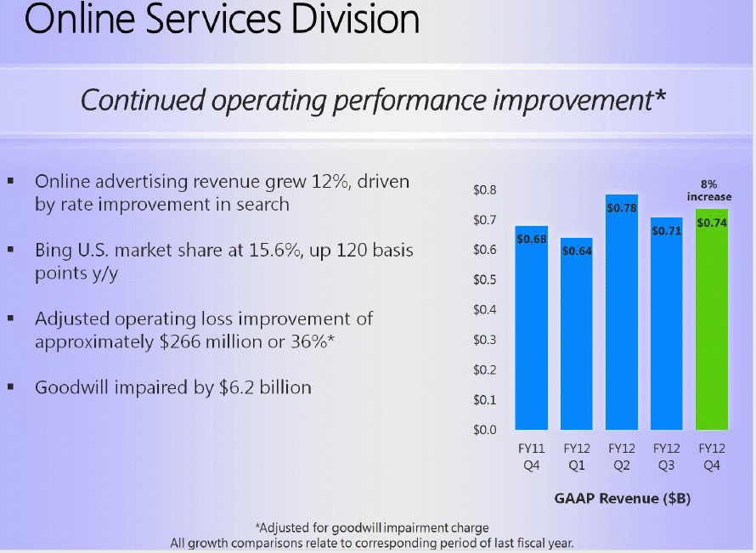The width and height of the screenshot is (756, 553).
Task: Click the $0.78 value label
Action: (x=622, y=207)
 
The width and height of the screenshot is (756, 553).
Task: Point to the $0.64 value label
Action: (x=577, y=251)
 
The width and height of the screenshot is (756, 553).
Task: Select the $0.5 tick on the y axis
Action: (x=485, y=279)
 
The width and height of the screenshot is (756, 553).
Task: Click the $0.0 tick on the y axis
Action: (x=485, y=430)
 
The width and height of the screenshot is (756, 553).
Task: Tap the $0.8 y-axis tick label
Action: (x=485, y=190)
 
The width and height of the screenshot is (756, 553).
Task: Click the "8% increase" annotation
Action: (x=710, y=190)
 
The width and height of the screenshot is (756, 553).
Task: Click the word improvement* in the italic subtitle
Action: (x=577, y=99)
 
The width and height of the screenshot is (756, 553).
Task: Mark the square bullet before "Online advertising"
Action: (x=10, y=182)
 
